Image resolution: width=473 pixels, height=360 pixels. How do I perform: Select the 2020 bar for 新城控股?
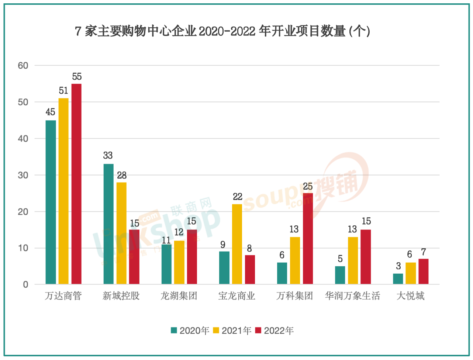coord(108,224)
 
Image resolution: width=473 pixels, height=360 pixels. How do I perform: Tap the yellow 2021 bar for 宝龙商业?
coord(237,244)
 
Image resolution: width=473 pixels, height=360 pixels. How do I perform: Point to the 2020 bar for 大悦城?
coord(398,278)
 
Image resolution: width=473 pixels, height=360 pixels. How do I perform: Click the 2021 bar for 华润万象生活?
coord(353,260)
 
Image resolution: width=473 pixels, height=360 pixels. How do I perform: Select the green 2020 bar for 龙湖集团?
coord(166,264)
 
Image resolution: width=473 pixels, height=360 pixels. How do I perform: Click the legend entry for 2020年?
coord(190,330)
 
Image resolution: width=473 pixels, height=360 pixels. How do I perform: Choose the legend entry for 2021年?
coord(232,330)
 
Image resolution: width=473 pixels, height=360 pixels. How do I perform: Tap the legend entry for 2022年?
coord(275,330)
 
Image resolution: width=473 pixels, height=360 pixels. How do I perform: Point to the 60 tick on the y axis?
coord(23,66)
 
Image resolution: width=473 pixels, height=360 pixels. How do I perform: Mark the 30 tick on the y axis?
coord(23,175)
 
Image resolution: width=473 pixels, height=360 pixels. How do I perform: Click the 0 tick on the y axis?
coord(25,284)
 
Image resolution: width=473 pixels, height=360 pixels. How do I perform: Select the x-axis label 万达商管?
coord(63,296)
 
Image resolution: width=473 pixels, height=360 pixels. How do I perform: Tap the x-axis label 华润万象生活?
coord(353,296)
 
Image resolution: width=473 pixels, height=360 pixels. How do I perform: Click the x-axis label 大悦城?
coord(410,296)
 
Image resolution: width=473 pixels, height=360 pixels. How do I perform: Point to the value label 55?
coord(77,77)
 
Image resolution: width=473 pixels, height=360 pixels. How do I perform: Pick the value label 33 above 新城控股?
coord(108,156)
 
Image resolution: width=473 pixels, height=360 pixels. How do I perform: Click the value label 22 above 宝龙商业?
coord(238,197)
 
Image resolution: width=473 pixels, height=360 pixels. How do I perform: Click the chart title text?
coord(222,31)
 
